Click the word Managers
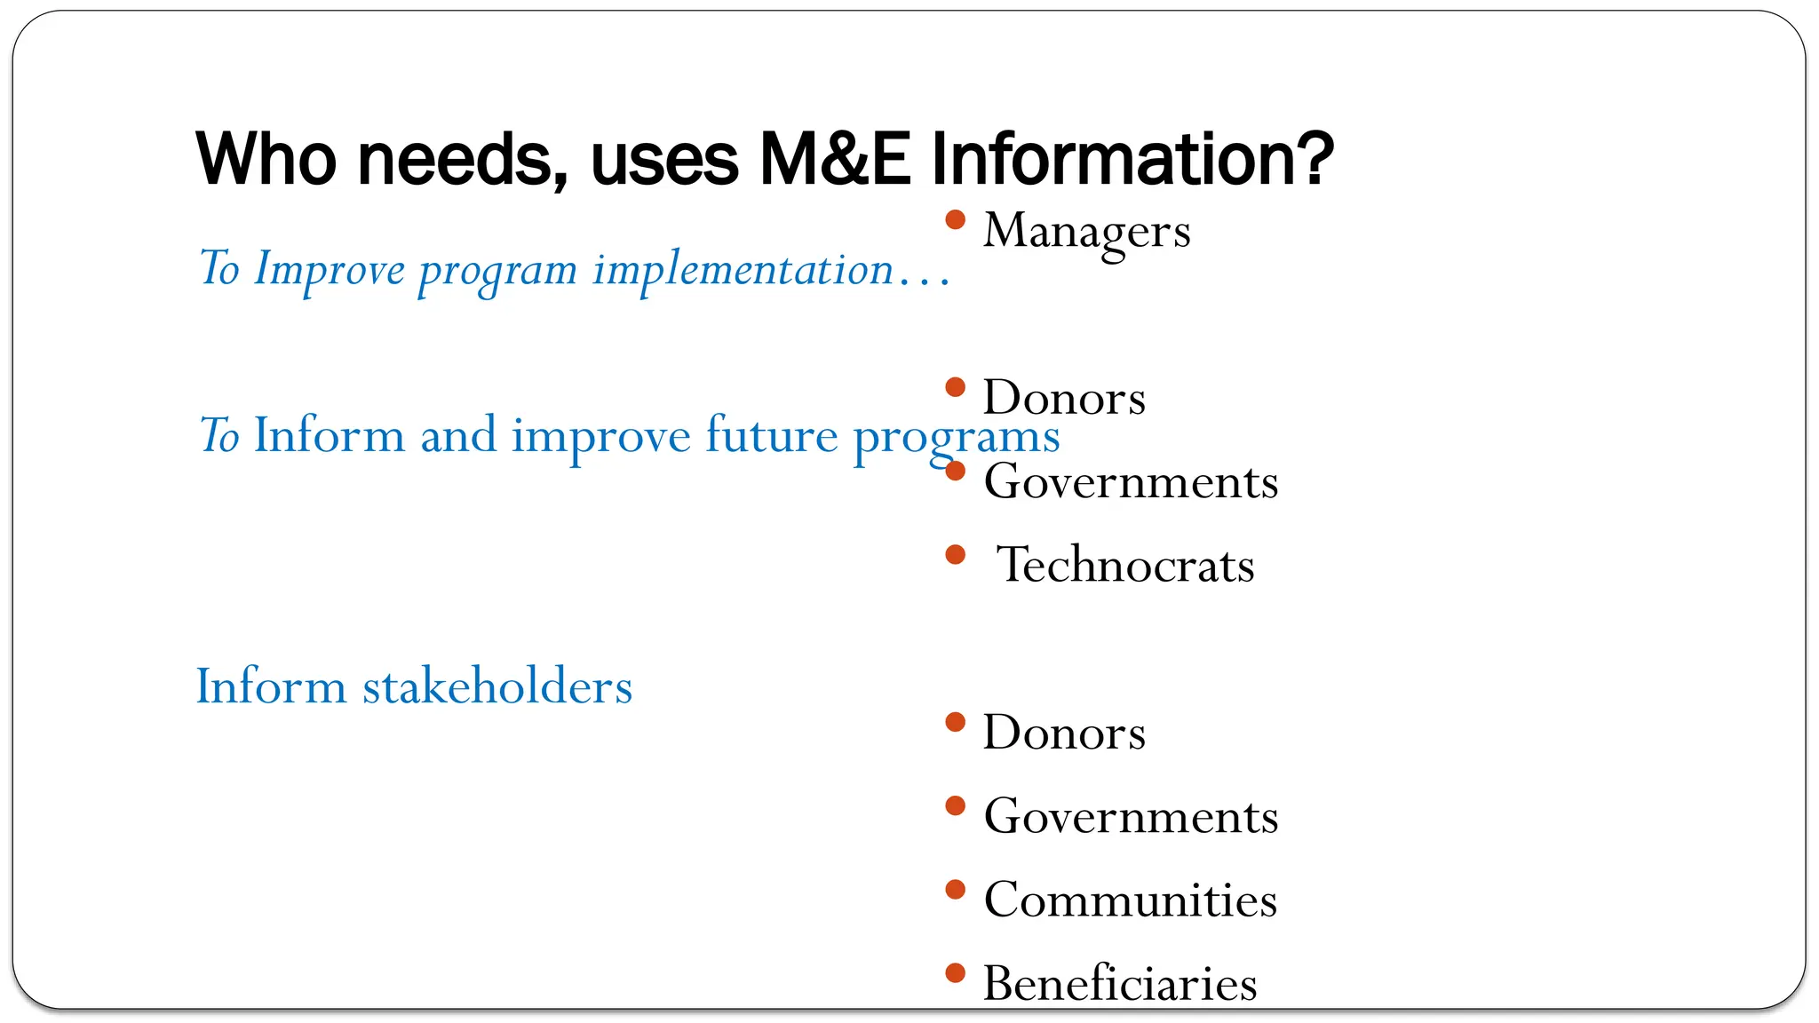pyautogui.click(x=1086, y=231)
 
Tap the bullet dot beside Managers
pyautogui.click(x=956, y=219)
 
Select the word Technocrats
pyautogui.click(x=1125, y=565)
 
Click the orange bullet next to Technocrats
pyautogui.click(x=956, y=555)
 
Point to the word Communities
pyautogui.click(x=1131, y=900)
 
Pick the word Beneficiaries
pyautogui.click(x=1120, y=983)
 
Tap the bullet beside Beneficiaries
pyautogui.click(x=956, y=973)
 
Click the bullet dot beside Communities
pyautogui.click(x=956, y=890)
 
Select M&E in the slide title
pyautogui.click(x=835, y=160)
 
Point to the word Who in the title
pyautogui.click(x=266, y=160)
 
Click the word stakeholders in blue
pyautogui.click(x=497, y=686)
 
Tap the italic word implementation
pyautogui.click(x=743, y=269)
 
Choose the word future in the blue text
pyautogui.click(x=771, y=435)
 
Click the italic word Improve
pyautogui.click(x=329, y=269)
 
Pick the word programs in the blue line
pyautogui.click(x=957, y=437)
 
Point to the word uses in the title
pyautogui.click(x=664, y=160)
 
